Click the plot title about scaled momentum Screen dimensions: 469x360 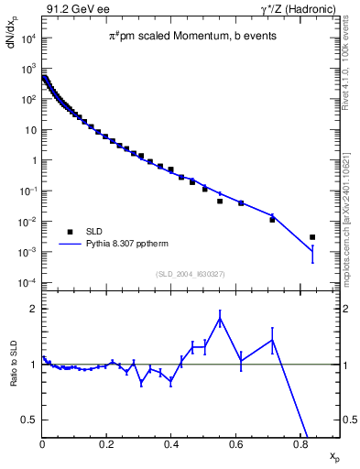point(191,37)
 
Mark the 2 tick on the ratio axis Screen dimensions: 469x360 point(34,309)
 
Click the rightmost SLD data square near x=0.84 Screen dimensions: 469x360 point(312,237)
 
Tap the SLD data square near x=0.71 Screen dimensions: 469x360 point(272,220)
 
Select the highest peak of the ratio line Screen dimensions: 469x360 point(220,318)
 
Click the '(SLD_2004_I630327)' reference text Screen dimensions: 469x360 point(191,274)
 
